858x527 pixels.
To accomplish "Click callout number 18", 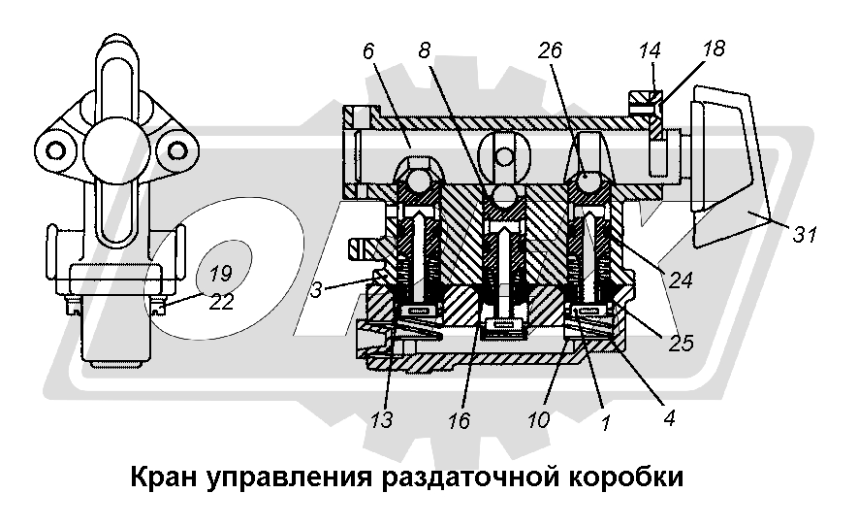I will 714,49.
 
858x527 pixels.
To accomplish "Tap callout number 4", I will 668,419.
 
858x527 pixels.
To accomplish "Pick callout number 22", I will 222,302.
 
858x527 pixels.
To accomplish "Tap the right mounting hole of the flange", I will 176,148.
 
